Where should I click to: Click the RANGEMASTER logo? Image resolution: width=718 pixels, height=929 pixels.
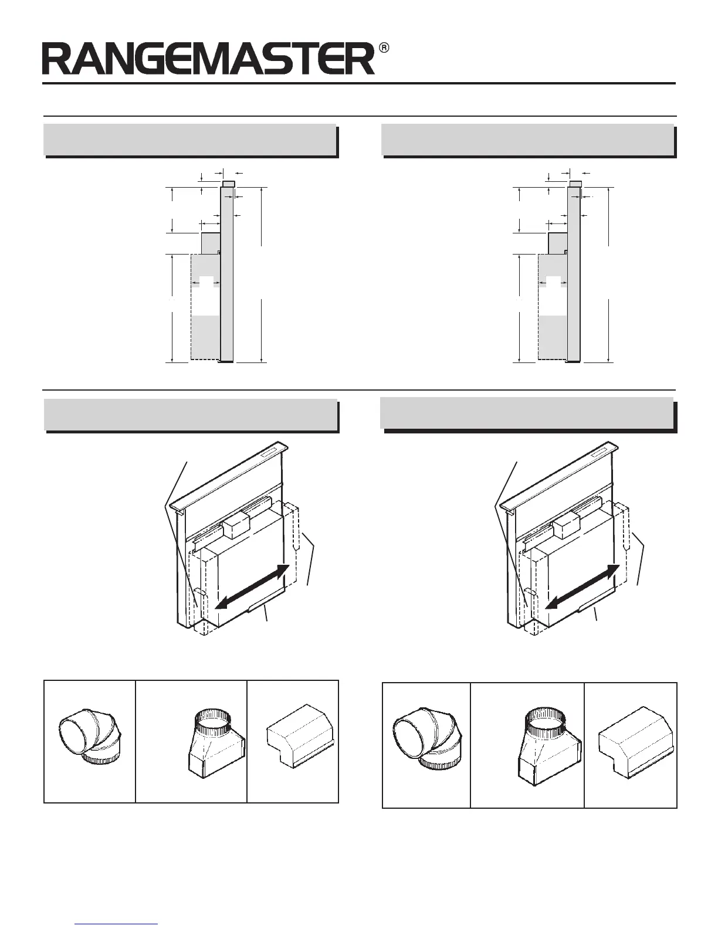[208, 60]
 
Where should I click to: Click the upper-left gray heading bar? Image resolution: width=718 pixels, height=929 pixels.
[190, 140]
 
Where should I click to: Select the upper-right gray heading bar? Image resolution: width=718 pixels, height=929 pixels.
[527, 140]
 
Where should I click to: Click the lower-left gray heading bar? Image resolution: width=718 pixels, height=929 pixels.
[191, 415]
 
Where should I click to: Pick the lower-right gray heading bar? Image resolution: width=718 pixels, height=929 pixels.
[526, 413]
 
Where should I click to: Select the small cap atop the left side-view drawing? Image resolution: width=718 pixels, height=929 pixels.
[229, 184]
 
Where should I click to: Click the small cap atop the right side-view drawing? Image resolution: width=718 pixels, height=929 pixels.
[575, 184]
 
